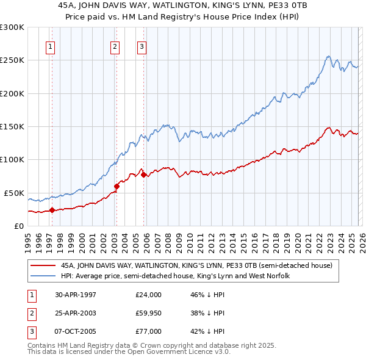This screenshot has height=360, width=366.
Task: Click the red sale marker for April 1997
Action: coord(52,210)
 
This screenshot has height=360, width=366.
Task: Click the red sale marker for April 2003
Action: coord(117,186)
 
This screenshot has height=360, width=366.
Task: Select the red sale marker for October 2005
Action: coord(143,175)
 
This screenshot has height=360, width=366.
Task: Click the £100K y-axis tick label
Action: coord(12,159)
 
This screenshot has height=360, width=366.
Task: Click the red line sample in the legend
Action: coord(43,265)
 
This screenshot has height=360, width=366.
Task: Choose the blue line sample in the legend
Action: coord(43,276)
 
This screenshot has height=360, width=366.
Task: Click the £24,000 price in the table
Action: coord(148,294)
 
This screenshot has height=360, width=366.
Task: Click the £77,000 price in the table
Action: coord(148,331)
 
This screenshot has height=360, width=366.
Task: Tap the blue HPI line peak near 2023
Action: coord(328,57)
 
